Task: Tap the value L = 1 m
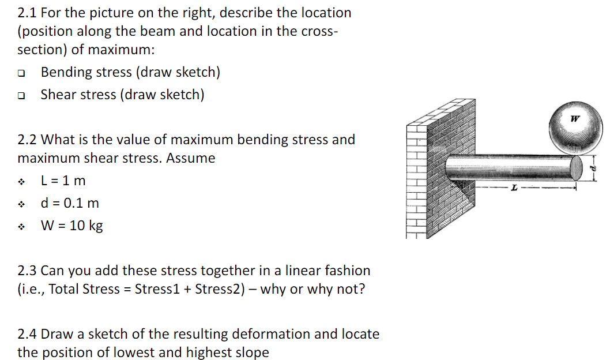click(x=63, y=181)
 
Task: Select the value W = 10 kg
click(x=71, y=226)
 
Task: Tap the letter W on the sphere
click(x=575, y=119)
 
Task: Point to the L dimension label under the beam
click(x=512, y=188)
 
